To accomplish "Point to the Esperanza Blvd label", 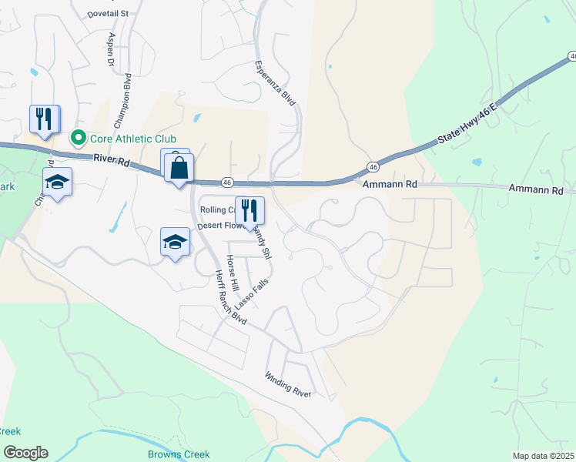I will click(x=275, y=82).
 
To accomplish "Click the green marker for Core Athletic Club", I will click(x=78, y=139).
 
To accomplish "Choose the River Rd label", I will click(x=110, y=158).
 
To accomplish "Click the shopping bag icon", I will click(x=179, y=167).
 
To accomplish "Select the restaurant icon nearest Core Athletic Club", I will click(x=43, y=119).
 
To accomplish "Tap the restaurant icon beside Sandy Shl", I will click(x=249, y=209).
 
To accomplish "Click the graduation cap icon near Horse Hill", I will click(x=175, y=242).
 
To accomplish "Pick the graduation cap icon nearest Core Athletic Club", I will click(x=57, y=182).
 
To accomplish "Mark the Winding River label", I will click(x=288, y=384).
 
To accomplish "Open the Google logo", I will click(x=25, y=453).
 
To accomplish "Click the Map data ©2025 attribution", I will click(x=542, y=456).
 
